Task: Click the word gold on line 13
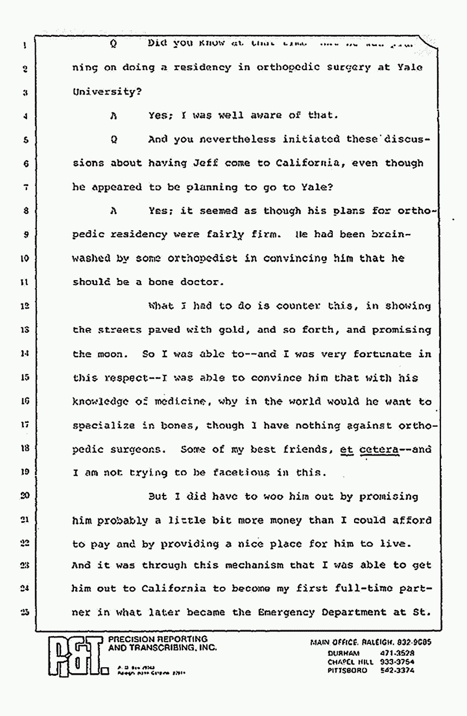pyautogui.click(x=233, y=330)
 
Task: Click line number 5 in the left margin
pyautogui.click(x=26, y=140)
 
